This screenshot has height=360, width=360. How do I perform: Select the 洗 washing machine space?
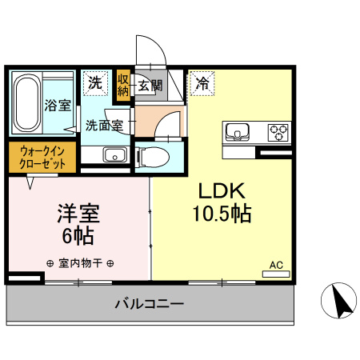pos(96,82)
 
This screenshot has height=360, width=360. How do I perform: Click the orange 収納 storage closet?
pos(123,84)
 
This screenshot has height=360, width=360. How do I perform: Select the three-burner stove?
pos(278,131)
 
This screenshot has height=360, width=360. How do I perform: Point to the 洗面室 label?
pos(104,126)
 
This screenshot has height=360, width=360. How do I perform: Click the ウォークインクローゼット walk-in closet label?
pos(43,156)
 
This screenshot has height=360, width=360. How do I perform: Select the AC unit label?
pos(276,264)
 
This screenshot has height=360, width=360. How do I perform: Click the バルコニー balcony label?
pos(149,305)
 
